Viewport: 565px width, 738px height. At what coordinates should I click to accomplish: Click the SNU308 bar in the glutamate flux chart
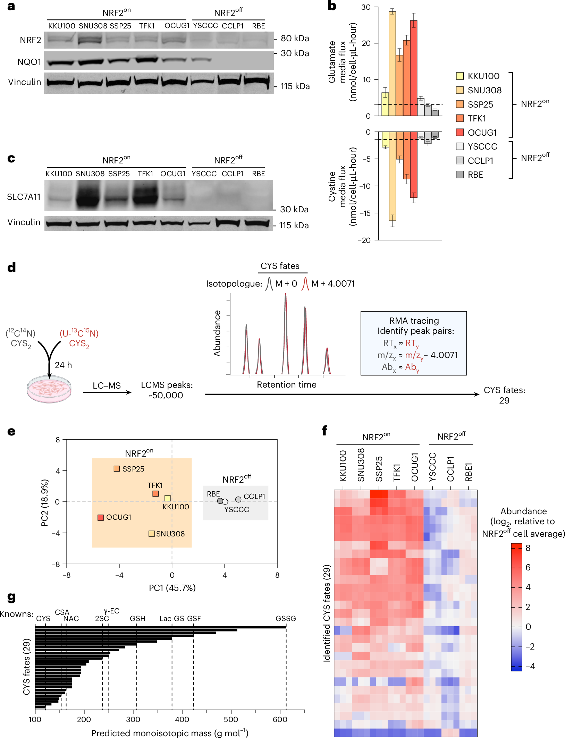(x=392, y=63)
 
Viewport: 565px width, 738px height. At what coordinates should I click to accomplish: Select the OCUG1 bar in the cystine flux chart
(x=414, y=165)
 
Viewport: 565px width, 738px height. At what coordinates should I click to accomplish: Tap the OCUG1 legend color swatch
(x=460, y=133)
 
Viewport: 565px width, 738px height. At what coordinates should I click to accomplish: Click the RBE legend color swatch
(x=460, y=175)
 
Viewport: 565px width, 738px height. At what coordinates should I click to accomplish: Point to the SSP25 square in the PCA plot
(x=117, y=469)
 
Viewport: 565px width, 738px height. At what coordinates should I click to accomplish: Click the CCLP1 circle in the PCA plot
(x=238, y=500)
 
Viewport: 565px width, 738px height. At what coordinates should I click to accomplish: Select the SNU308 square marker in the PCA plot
(x=151, y=534)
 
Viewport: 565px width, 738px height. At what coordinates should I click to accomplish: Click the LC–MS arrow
(x=107, y=392)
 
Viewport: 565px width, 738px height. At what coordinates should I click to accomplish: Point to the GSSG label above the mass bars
(x=286, y=619)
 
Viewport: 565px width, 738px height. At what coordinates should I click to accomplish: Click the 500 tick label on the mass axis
(x=231, y=720)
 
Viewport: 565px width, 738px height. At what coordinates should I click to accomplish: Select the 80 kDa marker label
(x=295, y=39)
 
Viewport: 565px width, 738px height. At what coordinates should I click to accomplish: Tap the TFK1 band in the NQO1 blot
(x=147, y=59)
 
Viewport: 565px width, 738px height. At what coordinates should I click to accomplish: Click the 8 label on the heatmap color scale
(x=528, y=548)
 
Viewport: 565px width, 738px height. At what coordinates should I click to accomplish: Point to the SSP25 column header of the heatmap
(x=379, y=469)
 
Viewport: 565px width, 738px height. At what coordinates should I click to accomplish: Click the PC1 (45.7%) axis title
(x=172, y=588)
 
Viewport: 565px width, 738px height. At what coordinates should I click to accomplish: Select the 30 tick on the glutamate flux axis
(x=366, y=7)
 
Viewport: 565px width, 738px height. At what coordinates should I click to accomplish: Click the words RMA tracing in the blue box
(x=414, y=321)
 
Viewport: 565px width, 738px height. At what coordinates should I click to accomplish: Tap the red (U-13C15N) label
(x=79, y=333)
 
